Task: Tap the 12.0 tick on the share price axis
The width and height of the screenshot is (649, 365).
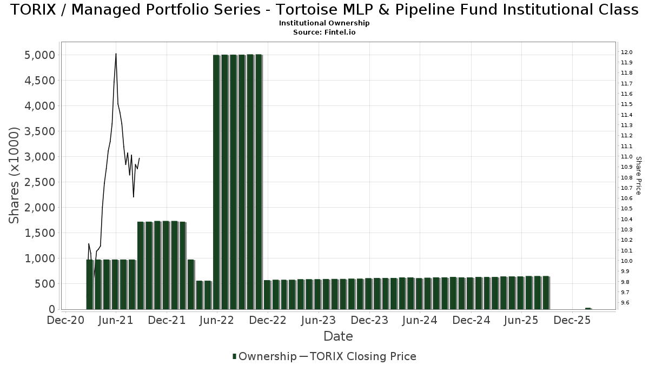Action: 627,52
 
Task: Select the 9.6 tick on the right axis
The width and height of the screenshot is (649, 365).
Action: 626,303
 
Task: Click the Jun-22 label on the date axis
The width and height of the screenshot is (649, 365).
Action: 217,321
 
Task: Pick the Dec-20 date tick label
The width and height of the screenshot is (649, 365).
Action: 65,321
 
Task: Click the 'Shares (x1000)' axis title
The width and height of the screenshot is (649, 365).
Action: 15,175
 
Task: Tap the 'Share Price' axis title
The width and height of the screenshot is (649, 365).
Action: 638,175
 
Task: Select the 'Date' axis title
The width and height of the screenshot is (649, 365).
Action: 338,336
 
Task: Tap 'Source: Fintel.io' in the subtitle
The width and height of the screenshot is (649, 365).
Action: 324,32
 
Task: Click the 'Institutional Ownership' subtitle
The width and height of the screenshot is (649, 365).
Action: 324,23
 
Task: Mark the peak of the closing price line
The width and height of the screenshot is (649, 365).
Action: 116,54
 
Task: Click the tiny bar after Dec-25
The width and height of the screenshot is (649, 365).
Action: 588,308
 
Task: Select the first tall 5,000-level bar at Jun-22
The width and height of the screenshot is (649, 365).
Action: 216,182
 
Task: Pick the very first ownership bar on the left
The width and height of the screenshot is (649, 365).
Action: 90,284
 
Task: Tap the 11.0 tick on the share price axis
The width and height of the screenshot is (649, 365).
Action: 627,157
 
